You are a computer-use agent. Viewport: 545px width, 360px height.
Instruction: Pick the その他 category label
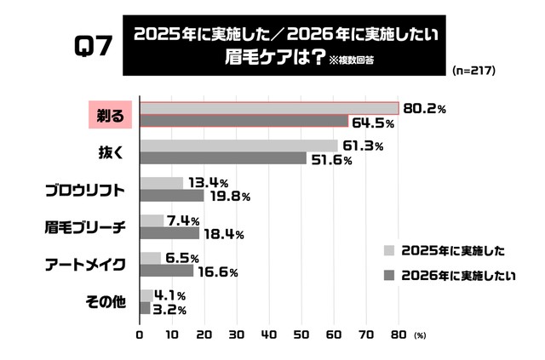pos(104,301)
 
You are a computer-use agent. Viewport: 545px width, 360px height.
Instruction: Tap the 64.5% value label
pos(372,123)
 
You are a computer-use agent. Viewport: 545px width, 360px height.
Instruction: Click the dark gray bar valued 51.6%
pos(223,158)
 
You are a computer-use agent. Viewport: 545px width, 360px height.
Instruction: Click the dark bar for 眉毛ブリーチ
pos(169,233)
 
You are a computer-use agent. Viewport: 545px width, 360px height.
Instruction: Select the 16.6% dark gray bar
pos(167,271)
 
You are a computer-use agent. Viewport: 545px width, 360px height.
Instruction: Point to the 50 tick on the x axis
pos(301,334)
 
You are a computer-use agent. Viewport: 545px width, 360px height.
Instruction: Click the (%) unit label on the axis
pos(419,335)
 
